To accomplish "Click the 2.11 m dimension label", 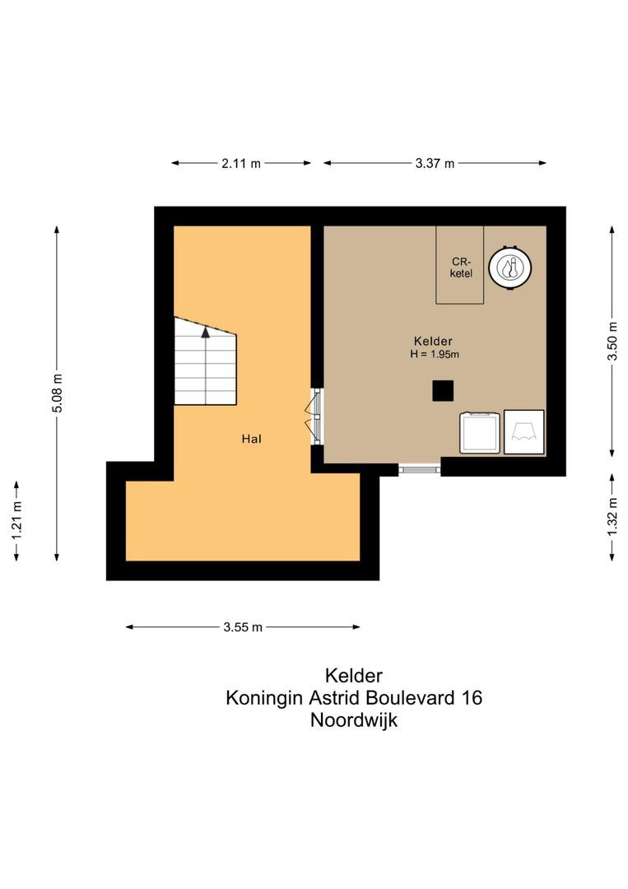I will tap(240, 164).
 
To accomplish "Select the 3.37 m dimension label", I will tap(435, 164).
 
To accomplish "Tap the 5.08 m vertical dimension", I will tap(57, 393).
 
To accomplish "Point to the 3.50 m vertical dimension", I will tap(612, 341).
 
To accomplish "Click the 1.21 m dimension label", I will tap(16, 520).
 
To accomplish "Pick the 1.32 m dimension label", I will tap(612, 517).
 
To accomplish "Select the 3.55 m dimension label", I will tap(243, 627).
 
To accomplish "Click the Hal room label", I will tap(251, 439).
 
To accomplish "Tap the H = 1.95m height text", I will tap(434, 354).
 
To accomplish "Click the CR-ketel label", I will tap(461, 268).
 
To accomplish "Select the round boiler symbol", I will tap(509, 268).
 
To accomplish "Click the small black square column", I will tap(444, 390).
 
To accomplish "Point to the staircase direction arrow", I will tap(205, 332).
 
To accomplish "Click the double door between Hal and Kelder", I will tap(315, 417).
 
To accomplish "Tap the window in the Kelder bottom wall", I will tap(420, 469).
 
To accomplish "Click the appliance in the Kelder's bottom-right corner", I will tap(523, 431).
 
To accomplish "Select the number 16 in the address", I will tap(472, 698).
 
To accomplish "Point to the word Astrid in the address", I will tap(336, 698).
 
